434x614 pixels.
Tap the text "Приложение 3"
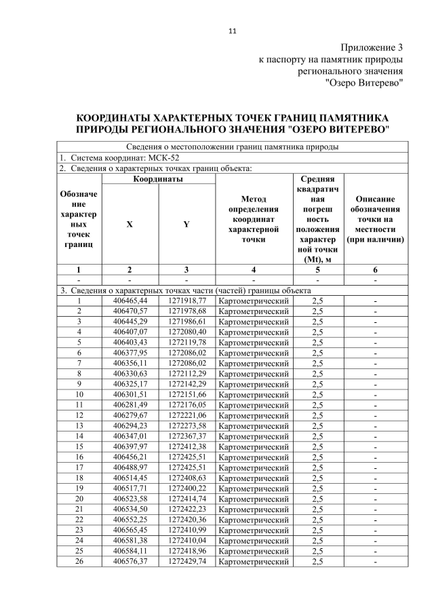pyautogui.click(x=372, y=47)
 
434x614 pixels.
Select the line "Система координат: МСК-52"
pyautogui.click(x=129, y=157)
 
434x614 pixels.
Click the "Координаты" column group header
pyautogui.click(x=158, y=178)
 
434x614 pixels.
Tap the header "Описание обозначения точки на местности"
pyautogui.click(x=375, y=219)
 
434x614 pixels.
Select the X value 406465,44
pyautogui.click(x=130, y=301)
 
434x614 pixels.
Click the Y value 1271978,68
pyautogui.click(x=186, y=311)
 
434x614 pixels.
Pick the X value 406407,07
pyautogui.click(x=130, y=332)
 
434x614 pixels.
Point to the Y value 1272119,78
pyautogui.click(x=186, y=343)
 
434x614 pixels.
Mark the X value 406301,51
pyautogui.click(x=130, y=394)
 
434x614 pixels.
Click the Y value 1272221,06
pyautogui.click(x=186, y=415)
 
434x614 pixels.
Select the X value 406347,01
pyautogui.click(x=130, y=436)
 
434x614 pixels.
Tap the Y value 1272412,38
pyautogui.click(x=186, y=446)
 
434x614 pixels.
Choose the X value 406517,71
pyautogui.click(x=130, y=488)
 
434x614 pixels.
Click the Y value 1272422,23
pyautogui.click(x=186, y=509)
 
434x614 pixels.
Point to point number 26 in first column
pyautogui.click(x=79, y=561)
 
